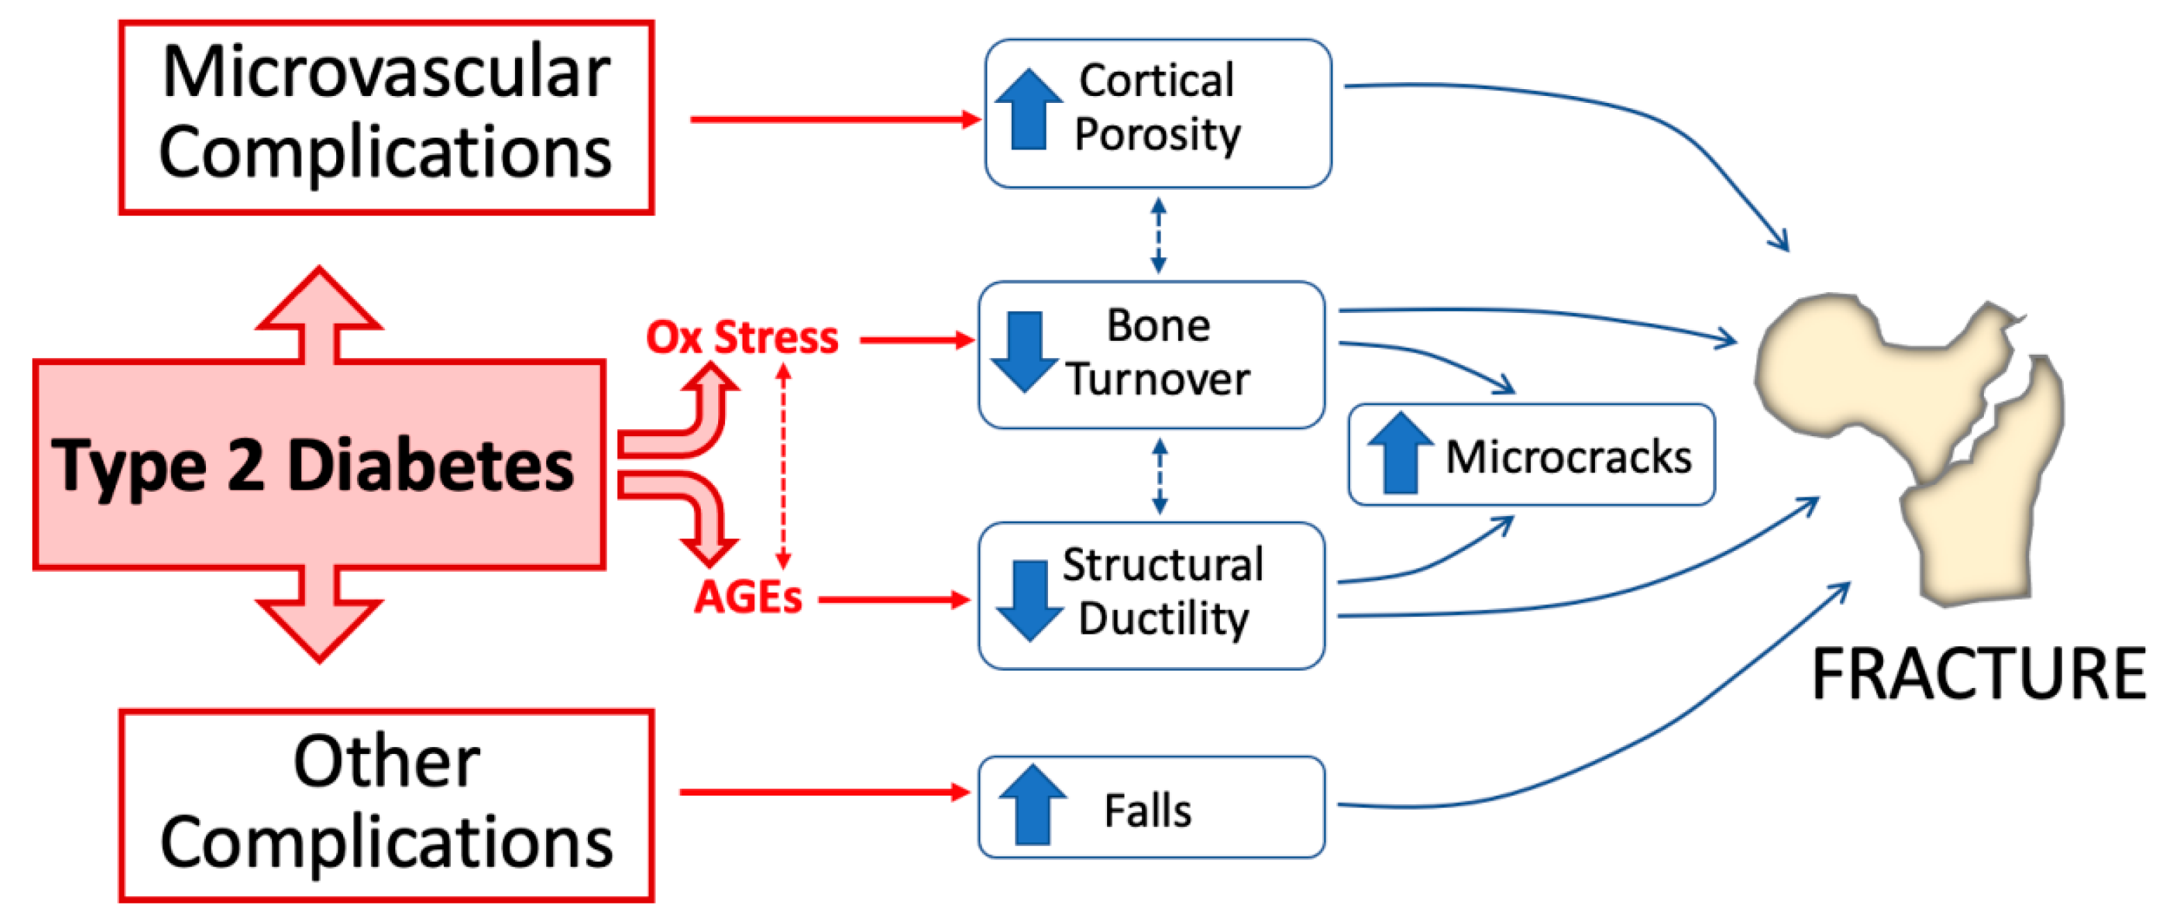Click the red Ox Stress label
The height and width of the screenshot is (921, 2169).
click(x=742, y=337)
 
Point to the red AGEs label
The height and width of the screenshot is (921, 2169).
click(x=747, y=598)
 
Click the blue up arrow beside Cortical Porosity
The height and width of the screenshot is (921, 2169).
click(x=1028, y=109)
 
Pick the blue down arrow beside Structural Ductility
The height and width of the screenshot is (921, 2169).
click(x=1028, y=600)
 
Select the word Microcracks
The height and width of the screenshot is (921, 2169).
click(x=1568, y=458)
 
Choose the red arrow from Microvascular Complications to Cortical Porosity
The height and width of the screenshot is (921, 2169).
click(x=834, y=120)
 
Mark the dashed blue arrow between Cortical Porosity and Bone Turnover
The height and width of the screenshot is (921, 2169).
click(x=1159, y=235)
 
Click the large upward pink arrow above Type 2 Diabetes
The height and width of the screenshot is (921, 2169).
click(x=319, y=316)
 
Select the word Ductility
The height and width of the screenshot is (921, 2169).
click(x=1163, y=620)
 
